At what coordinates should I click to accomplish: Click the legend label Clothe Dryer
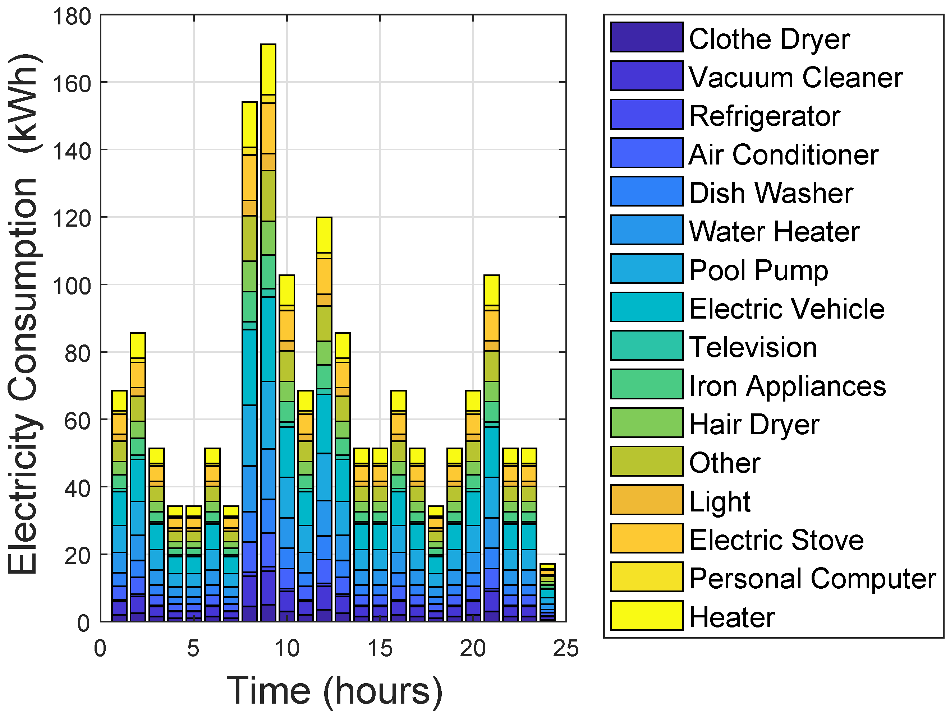tap(769, 39)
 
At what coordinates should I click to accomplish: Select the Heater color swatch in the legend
tap(646, 615)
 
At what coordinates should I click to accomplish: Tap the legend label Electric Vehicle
tap(786, 309)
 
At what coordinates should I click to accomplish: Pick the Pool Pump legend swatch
tap(646, 269)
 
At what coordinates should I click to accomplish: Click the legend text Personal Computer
tap(812, 579)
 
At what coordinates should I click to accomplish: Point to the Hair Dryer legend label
tap(754, 425)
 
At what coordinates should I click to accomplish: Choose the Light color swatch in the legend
tap(646, 500)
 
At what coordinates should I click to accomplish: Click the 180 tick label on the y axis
tap(72, 17)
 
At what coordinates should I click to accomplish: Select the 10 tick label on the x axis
tap(287, 648)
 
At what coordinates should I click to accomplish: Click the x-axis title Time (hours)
tap(334, 691)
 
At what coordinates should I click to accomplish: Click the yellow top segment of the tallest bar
tap(269, 69)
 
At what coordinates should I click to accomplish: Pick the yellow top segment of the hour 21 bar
tap(491, 290)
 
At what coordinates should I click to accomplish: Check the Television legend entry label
tap(752, 347)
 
